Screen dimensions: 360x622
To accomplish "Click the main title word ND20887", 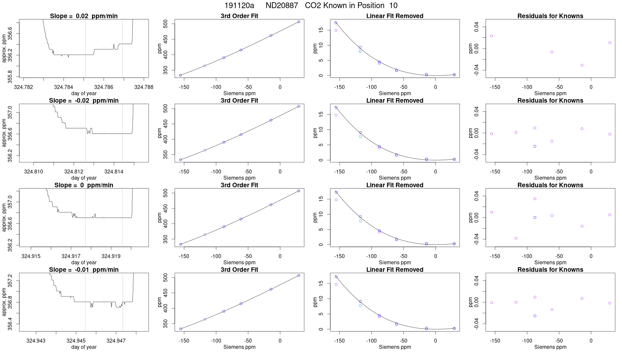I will (282, 6).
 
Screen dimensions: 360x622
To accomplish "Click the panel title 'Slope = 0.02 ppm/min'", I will (84, 16).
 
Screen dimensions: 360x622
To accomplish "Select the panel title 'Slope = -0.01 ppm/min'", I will (84, 270).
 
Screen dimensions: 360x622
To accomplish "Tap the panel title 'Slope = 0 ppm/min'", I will (84, 185).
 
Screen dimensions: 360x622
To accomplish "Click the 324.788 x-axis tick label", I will (144, 87).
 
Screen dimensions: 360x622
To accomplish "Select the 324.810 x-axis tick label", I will (33, 171).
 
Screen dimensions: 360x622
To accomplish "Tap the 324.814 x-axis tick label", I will (114, 171).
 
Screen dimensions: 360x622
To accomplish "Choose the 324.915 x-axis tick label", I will (31, 256).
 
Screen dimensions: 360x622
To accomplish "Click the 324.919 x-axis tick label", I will (111, 256).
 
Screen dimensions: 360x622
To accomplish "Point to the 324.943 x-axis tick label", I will (36, 341).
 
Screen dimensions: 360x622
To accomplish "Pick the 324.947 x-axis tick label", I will (116, 341).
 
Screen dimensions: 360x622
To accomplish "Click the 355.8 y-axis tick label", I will (10, 76).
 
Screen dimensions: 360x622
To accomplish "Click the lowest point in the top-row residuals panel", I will (582, 65).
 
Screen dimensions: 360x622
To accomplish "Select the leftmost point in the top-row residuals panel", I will (491, 36).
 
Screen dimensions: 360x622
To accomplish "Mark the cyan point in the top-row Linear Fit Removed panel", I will (360, 51).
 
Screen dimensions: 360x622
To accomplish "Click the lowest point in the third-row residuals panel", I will (516, 238).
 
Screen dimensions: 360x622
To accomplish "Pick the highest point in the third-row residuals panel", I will (535, 199).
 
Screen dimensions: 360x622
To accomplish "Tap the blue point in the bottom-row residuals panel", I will (535, 316).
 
